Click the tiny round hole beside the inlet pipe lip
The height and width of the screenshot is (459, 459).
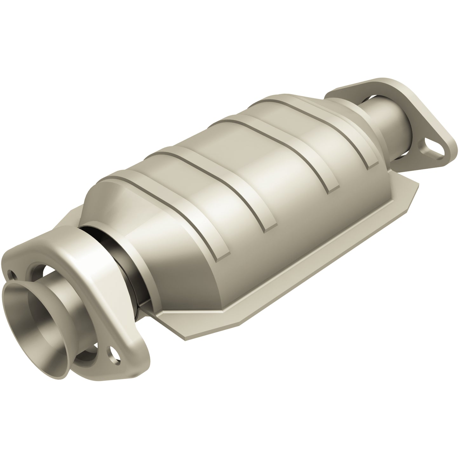(12, 273)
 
